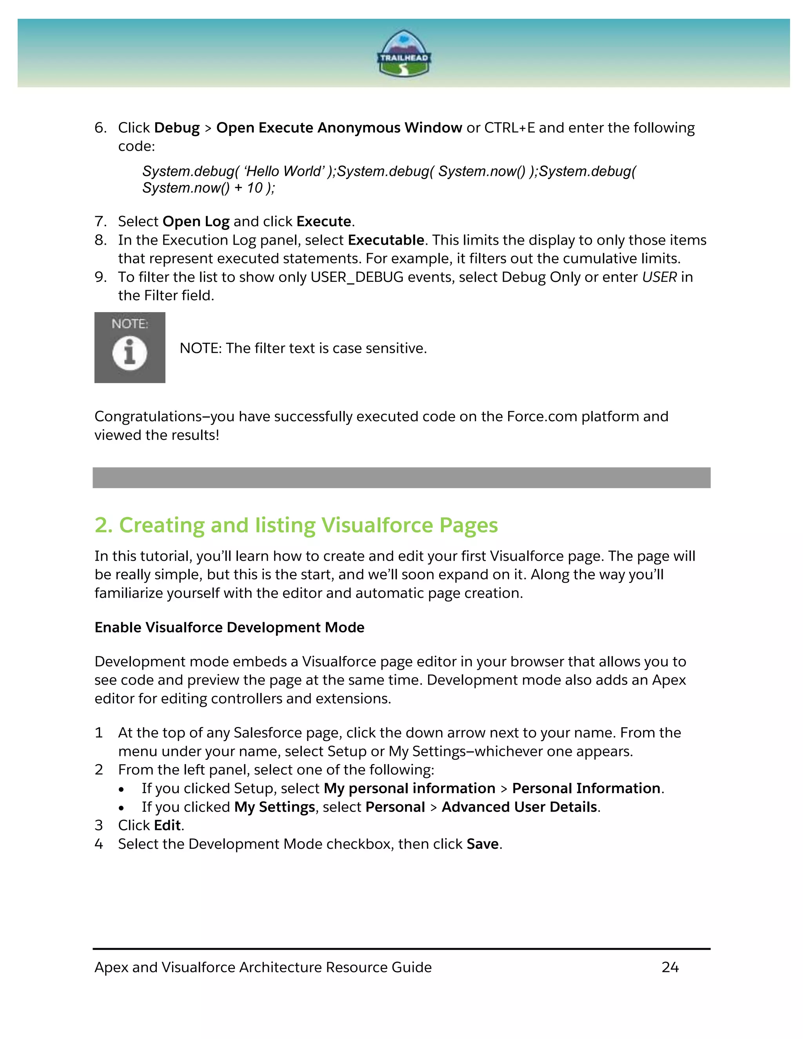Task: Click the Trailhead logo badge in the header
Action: (x=403, y=54)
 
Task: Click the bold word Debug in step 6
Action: (x=177, y=128)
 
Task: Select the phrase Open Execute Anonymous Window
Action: (x=339, y=128)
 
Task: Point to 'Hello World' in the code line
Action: (x=284, y=171)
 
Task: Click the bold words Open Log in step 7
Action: (x=196, y=222)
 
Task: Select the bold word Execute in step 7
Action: (x=323, y=222)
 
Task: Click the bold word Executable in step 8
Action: (x=386, y=240)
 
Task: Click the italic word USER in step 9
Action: (x=659, y=277)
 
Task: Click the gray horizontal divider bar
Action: (x=401, y=478)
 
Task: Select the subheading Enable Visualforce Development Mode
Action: (x=229, y=627)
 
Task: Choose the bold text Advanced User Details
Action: (x=519, y=807)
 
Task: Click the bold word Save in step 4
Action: (x=482, y=844)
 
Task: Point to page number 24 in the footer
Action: (x=669, y=967)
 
